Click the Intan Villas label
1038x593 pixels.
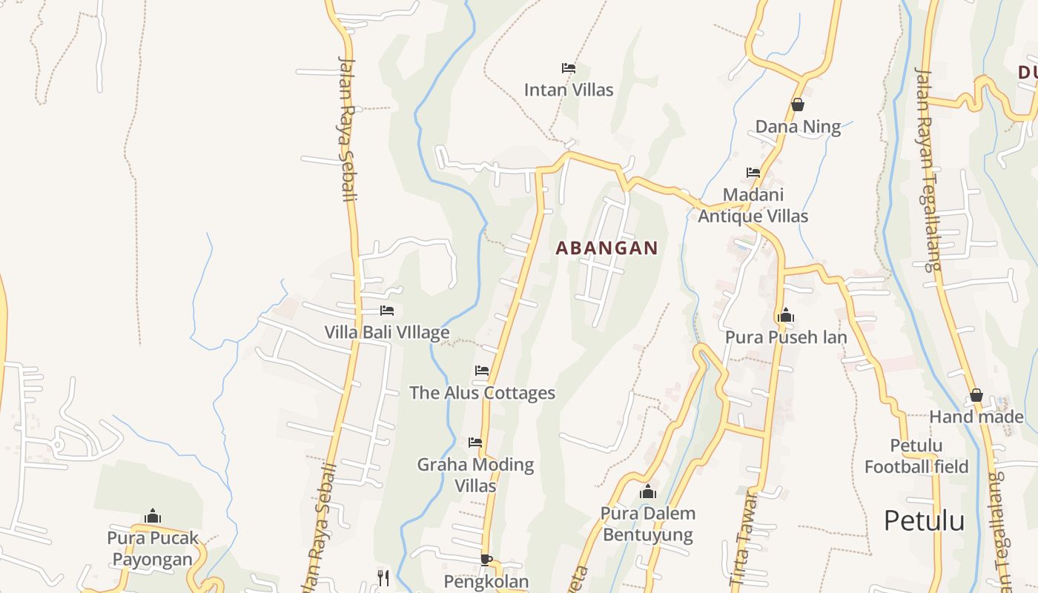coord(569,90)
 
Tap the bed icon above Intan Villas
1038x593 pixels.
coord(569,68)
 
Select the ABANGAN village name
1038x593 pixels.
coord(606,248)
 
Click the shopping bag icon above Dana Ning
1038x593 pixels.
coord(798,105)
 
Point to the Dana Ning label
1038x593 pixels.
coord(798,127)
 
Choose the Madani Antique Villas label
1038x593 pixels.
coord(753,205)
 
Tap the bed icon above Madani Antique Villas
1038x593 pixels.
coord(753,173)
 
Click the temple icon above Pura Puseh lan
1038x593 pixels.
coord(786,316)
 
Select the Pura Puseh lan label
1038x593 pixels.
coord(786,337)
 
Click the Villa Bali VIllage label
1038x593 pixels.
coord(386,332)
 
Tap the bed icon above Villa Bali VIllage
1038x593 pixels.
coord(387,311)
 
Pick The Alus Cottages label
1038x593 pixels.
coord(482,392)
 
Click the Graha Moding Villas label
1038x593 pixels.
coord(475,475)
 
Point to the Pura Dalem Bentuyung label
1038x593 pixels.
coord(647,524)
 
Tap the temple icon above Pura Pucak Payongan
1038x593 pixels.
coord(153,516)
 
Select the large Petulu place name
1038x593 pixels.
coord(924,520)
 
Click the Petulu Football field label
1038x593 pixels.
coord(916,456)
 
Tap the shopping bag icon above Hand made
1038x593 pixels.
coord(976,396)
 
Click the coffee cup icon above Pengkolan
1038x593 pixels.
coord(486,560)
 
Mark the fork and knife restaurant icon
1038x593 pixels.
coord(383,577)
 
